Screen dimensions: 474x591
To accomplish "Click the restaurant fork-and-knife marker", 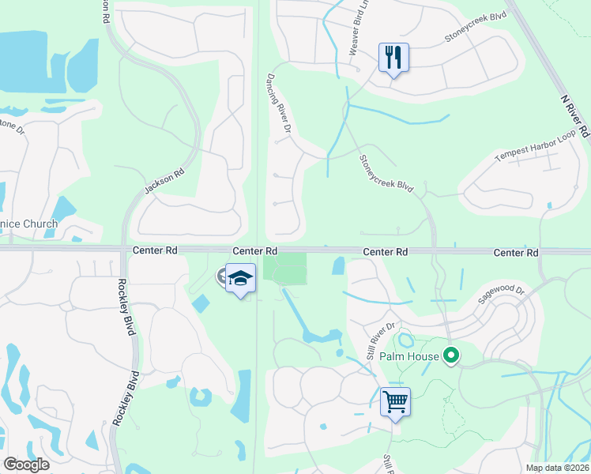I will pyautogui.click(x=393, y=58).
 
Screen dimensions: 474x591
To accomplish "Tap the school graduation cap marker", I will pyautogui.click(x=240, y=279).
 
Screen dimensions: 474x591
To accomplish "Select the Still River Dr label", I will pyautogui.click(x=379, y=337).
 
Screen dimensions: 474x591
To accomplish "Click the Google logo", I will pyautogui.click(x=27, y=464).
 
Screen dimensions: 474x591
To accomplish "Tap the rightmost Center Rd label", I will pyautogui.click(x=515, y=253).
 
